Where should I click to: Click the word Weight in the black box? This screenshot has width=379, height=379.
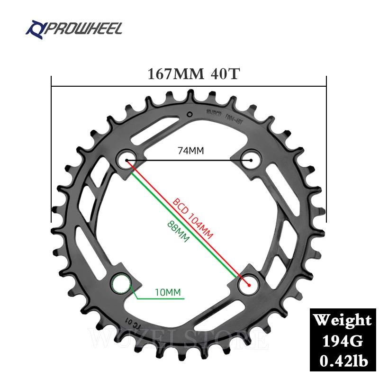pyautogui.click(x=343, y=320)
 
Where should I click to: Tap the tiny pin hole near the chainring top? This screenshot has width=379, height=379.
pyautogui.click(x=189, y=114)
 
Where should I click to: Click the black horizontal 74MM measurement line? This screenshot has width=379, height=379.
pyautogui.click(x=189, y=160)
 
